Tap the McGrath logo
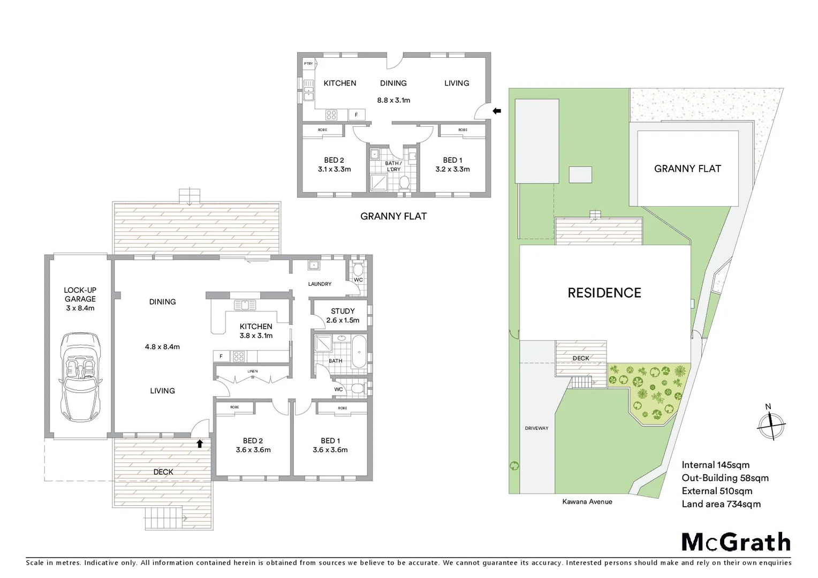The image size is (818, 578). [736, 542]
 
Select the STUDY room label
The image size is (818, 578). [343, 311]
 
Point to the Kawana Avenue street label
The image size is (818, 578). [587, 501]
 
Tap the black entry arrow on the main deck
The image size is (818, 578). [200, 443]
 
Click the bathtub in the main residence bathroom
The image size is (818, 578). [359, 351]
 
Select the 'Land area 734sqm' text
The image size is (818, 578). [721, 504]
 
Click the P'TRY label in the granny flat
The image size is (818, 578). [308, 64]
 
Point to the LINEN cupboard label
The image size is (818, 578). [252, 371]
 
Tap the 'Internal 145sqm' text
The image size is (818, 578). [715, 465]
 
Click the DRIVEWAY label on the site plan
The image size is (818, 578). [536, 428]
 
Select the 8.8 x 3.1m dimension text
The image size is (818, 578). [393, 100]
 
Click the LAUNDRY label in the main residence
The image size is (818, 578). [320, 284]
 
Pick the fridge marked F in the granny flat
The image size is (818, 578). [357, 115]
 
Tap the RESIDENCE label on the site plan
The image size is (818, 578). [604, 293]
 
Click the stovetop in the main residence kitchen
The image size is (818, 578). [239, 355]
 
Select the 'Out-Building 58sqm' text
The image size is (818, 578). [725, 478]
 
